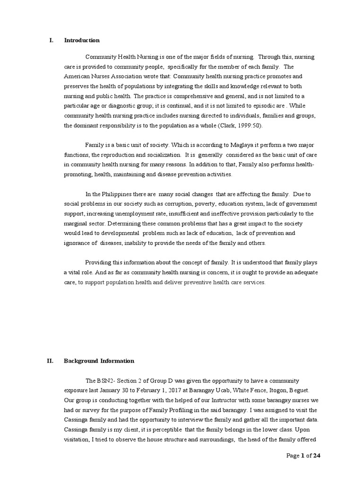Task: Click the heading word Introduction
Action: point(82,40)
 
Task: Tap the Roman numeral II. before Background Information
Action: point(50,361)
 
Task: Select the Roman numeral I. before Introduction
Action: point(52,40)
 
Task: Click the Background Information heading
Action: point(99,361)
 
